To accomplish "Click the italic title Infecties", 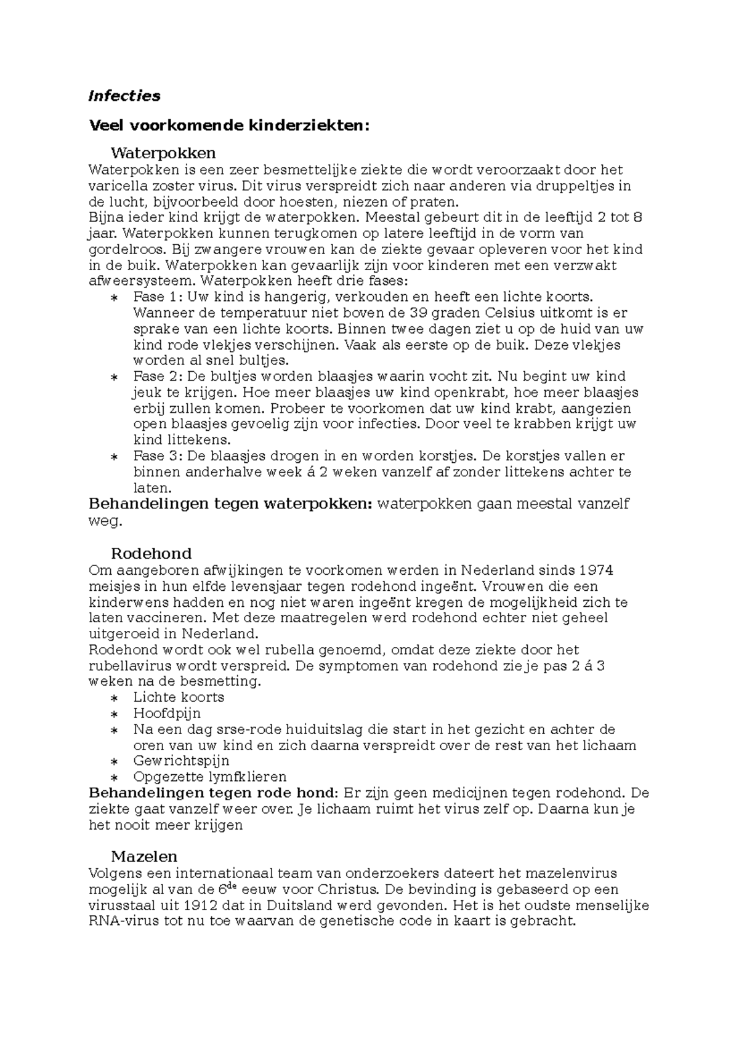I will click(x=124, y=96).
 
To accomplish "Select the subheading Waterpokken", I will click(x=163, y=153).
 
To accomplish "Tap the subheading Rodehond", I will click(x=151, y=553).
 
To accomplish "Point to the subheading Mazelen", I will click(x=144, y=856).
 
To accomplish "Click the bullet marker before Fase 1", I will click(x=114, y=298).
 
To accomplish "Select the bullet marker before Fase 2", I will click(x=114, y=377).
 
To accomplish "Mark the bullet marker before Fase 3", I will click(x=114, y=457).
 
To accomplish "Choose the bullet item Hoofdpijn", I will click(x=166, y=714).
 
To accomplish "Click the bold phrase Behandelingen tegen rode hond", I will click(x=213, y=793).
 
